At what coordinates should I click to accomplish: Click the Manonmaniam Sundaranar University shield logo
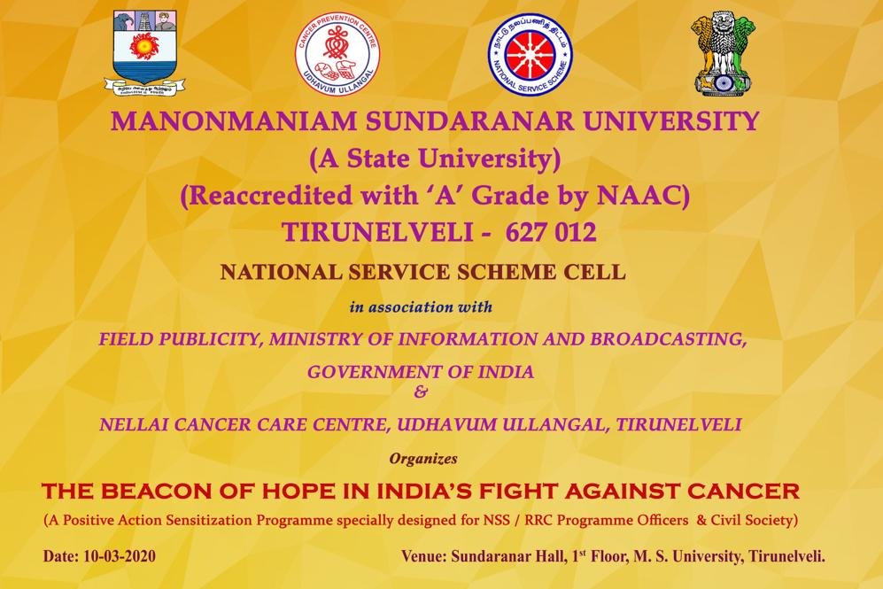pos(144,51)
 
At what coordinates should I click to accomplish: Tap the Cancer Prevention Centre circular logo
pos(338,54)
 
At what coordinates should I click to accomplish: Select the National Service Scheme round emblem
pos(529,55)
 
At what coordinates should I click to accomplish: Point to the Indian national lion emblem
pos(724,53)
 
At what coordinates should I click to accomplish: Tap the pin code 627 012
pos(551,232)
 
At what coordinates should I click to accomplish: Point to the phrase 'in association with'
pos(421,306)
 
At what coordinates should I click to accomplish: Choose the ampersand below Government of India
pos(420,391)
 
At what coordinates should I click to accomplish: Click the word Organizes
pos(423,459)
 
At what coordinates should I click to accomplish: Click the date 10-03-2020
pos(119,556)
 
